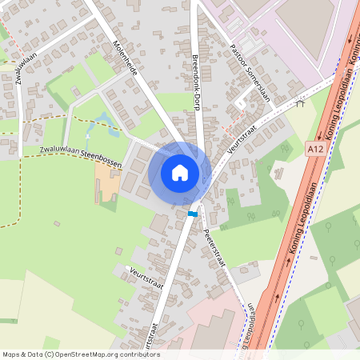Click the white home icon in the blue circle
(x=180, y=172)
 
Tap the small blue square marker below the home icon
(x=192, y=214)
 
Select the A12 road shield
(x=314, y=148)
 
